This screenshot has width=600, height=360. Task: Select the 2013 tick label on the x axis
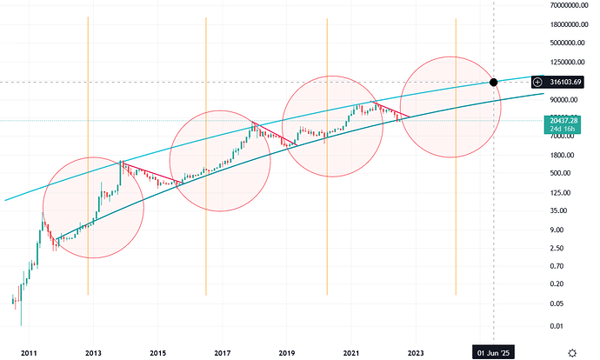94,352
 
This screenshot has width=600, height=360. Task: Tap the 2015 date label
157,352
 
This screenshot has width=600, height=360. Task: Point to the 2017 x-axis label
223,352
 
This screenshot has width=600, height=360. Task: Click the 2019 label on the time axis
287,352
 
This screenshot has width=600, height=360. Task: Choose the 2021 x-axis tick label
351,352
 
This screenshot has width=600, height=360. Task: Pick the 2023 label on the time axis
416,352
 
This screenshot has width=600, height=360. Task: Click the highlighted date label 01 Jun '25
493,352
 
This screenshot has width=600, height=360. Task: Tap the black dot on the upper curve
494,82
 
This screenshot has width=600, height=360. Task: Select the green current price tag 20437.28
563,121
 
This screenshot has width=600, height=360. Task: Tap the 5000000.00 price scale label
565,43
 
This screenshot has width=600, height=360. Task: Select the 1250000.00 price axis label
565,63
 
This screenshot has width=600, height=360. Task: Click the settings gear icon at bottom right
573,352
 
